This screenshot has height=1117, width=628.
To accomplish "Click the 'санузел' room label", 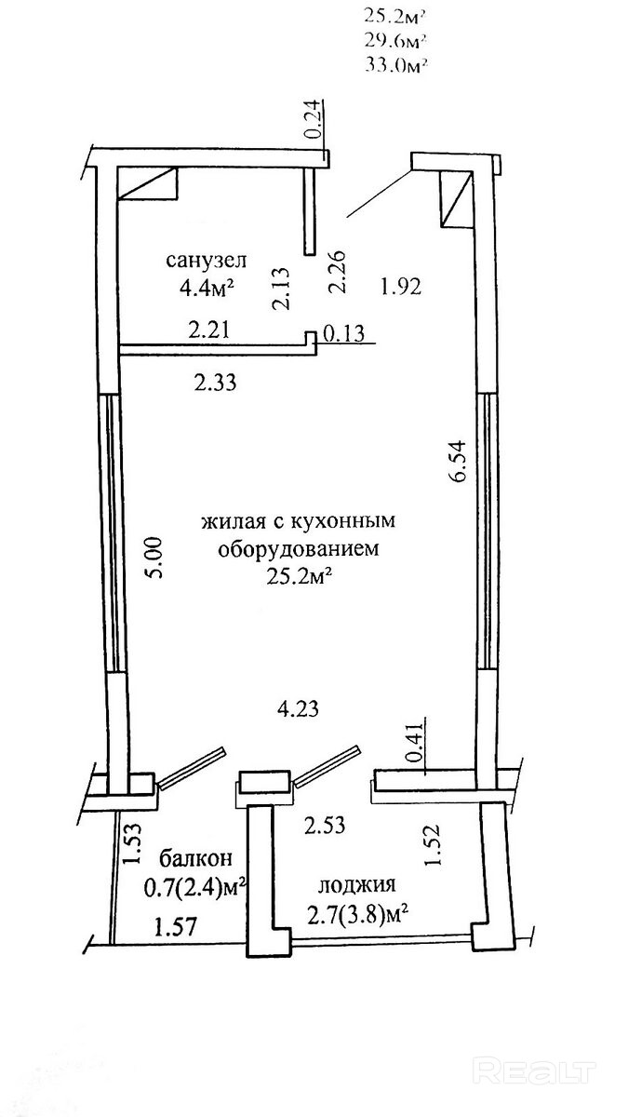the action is click(x=206, y=260).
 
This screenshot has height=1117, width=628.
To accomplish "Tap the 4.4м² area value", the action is click(x=207, y=289).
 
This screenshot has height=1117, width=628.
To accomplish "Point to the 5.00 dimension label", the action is click(x=154, y=557).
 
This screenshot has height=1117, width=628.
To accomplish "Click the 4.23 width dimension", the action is click(x=298, y=708).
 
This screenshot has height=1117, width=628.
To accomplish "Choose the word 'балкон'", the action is click(x=196, y=858).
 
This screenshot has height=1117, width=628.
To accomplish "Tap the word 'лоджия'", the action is click(x=357, y=884).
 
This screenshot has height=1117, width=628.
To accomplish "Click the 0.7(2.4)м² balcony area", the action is click(x=194, y=887).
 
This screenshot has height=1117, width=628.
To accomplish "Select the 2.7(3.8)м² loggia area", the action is click(x=358, y=914).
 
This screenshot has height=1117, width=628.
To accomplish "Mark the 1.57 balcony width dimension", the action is click(x=176, y=927).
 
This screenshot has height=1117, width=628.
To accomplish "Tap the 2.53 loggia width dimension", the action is click(x=325, y=825).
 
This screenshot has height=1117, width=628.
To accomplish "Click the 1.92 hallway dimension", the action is click(x=401, y=287).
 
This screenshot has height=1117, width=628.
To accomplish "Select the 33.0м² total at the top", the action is click(x=396, y=65).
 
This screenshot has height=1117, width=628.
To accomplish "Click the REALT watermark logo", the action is click(x=534, y=1069).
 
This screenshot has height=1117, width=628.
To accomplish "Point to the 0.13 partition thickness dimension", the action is click(x=345, y=332).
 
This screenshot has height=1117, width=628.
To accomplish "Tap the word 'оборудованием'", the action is click(x=299, y=549).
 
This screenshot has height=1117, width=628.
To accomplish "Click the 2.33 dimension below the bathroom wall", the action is click(x=215, y=383).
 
